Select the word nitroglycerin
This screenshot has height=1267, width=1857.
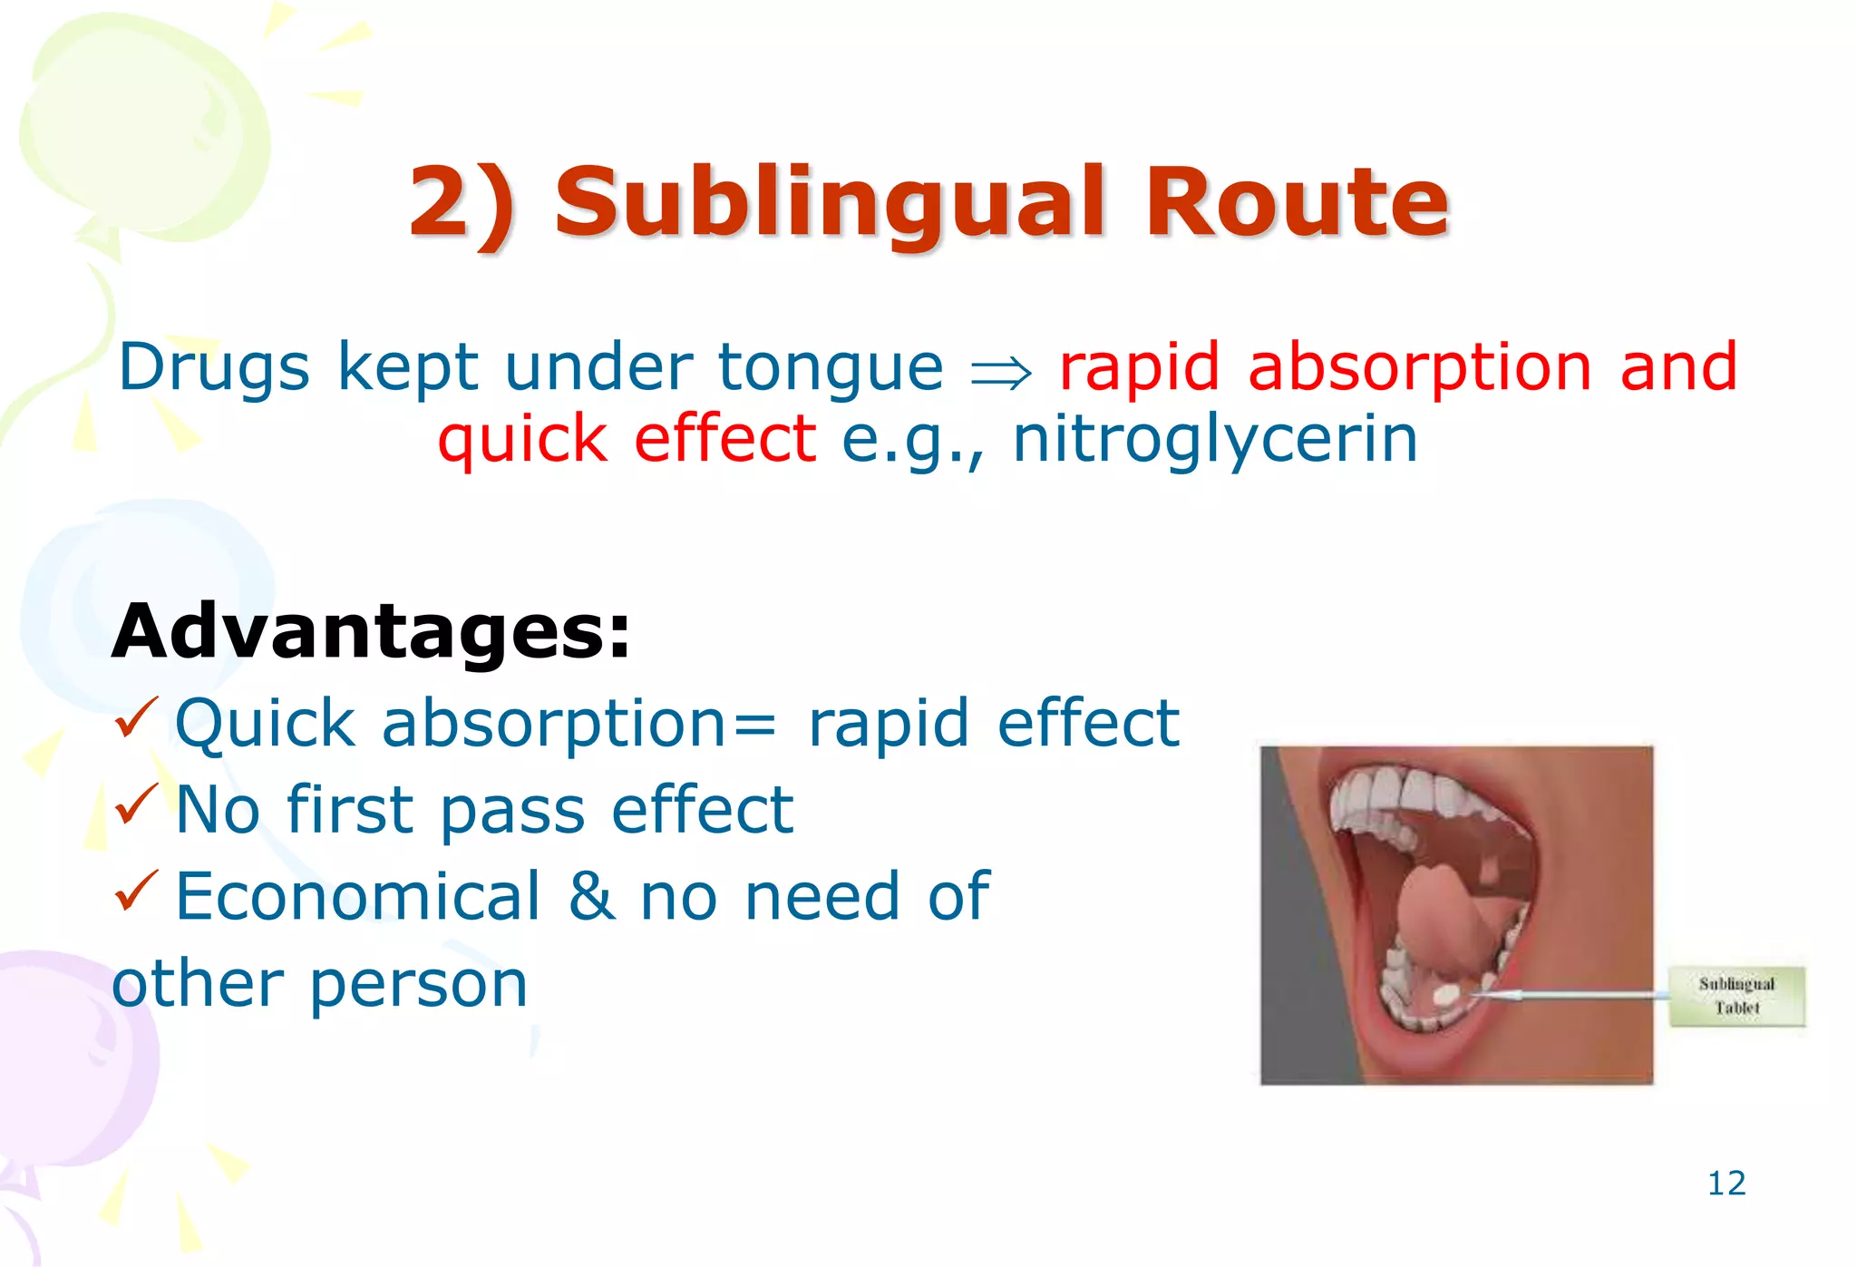(1215, 440)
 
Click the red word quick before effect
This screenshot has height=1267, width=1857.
(522, 440)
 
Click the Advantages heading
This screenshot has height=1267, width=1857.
(370, 631)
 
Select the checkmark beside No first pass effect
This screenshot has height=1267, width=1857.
(136, 804)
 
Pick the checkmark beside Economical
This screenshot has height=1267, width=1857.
(136, 891)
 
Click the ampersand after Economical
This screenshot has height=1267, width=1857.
(590, 896)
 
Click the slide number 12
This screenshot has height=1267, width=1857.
(1726, 1184)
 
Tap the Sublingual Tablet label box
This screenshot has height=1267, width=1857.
(1736, 996)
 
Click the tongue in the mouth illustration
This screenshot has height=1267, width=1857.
(1442, 916)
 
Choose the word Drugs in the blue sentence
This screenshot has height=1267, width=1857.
(215, 368)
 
